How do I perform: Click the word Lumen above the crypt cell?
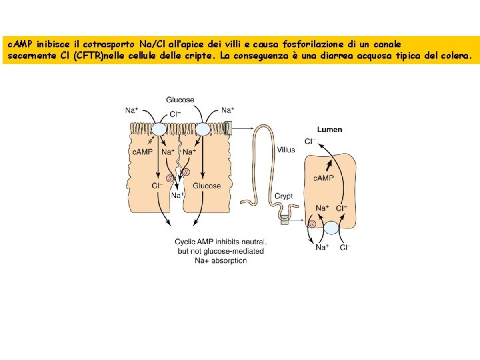330,129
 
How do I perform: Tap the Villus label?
286,150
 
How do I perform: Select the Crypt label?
284,196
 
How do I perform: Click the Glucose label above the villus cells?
180,100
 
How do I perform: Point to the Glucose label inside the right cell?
207,186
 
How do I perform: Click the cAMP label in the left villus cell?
143,151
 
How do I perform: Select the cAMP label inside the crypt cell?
323,178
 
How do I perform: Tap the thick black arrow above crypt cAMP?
329,165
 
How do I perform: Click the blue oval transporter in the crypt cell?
331,228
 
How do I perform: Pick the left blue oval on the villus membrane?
159,129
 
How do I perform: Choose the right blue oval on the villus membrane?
203,129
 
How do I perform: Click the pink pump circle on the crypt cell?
312,224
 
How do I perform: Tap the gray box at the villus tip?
229,128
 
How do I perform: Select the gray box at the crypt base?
285,220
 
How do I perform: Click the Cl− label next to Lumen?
310,141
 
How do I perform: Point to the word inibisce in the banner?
53,45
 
